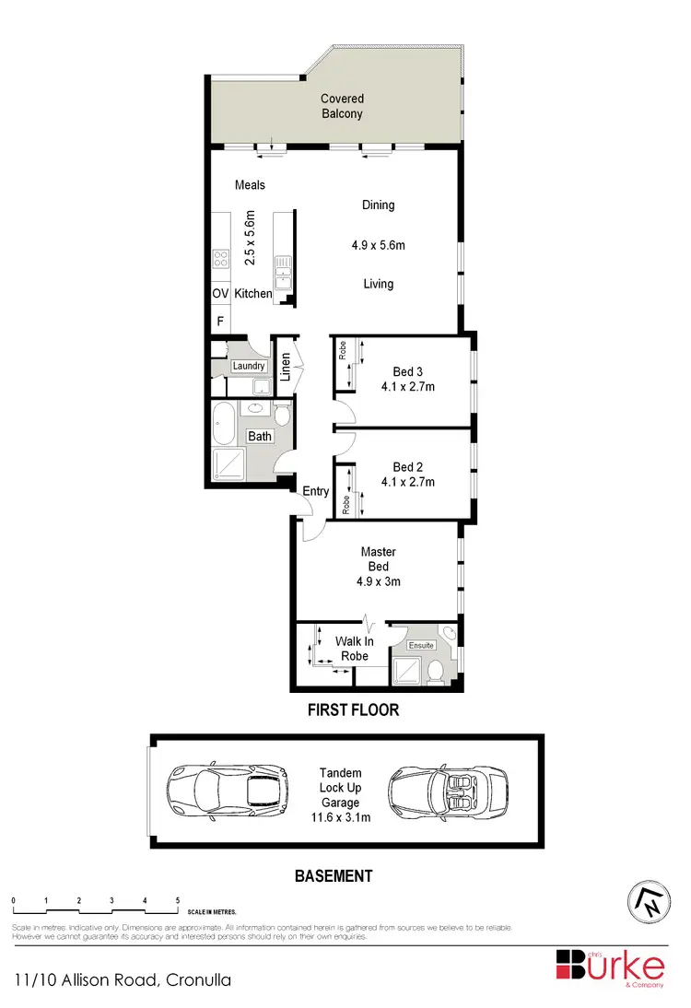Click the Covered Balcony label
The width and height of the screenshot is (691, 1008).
click(x=342, y=106)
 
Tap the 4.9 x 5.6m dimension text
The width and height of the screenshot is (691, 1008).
click(x=378, y=245)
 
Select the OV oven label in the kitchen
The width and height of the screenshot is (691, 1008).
click(x=220, y=293)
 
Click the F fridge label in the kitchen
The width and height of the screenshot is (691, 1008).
click(x=220, y=321)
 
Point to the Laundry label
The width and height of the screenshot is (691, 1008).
click(x=249, y=366)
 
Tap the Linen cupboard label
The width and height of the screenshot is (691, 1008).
click(x=286, y=367)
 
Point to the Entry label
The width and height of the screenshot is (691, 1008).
click(x=316, y=491)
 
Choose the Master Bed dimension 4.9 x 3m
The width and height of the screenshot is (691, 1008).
click(x=378, y=581)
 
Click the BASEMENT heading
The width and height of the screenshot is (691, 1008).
click(x=334, y=876)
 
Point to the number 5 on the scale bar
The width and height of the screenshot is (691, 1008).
click(x=177, y=899)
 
